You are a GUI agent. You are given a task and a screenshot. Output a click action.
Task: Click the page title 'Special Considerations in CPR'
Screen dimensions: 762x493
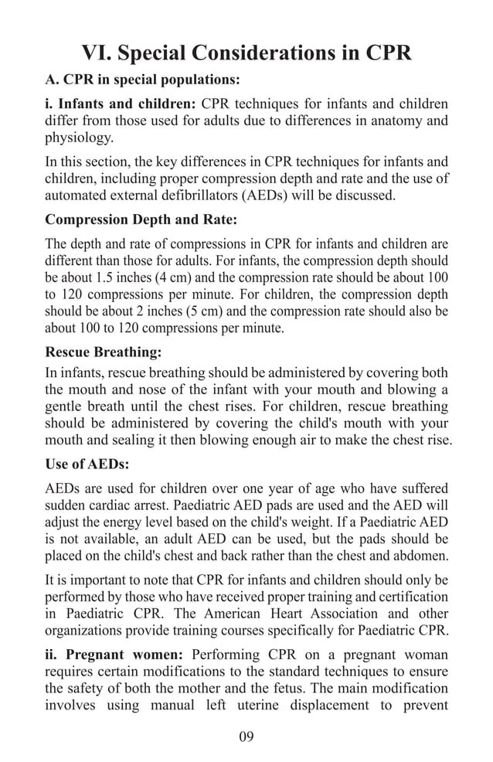246,53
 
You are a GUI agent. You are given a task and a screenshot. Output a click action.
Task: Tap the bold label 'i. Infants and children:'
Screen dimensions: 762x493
121,104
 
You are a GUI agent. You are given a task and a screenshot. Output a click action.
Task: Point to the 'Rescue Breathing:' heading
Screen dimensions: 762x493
104,352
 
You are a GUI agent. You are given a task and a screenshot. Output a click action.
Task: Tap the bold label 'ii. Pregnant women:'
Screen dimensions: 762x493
115,654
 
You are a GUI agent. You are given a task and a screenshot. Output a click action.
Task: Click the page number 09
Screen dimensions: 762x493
246,736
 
